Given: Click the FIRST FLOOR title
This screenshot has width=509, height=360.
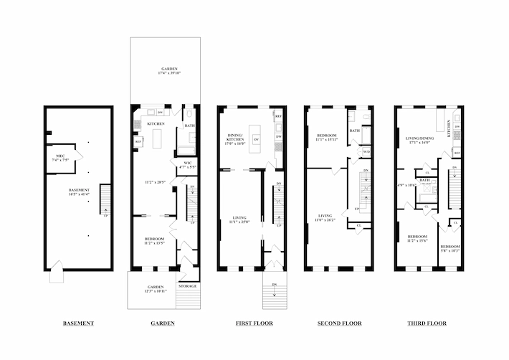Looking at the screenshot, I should (x=253, y=323).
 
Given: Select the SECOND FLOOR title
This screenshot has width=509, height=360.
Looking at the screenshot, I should (x=339, y=323).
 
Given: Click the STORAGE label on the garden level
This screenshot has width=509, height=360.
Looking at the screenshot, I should (x=187, y=286).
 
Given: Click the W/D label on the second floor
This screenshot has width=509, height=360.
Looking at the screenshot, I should (x=365, y=152).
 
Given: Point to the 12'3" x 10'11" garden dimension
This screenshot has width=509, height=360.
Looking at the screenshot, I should (x=153, y=291).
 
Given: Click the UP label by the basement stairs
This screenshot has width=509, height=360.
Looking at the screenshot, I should (x=107, y=216).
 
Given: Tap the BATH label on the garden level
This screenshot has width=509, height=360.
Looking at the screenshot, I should (x=189, y=126).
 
